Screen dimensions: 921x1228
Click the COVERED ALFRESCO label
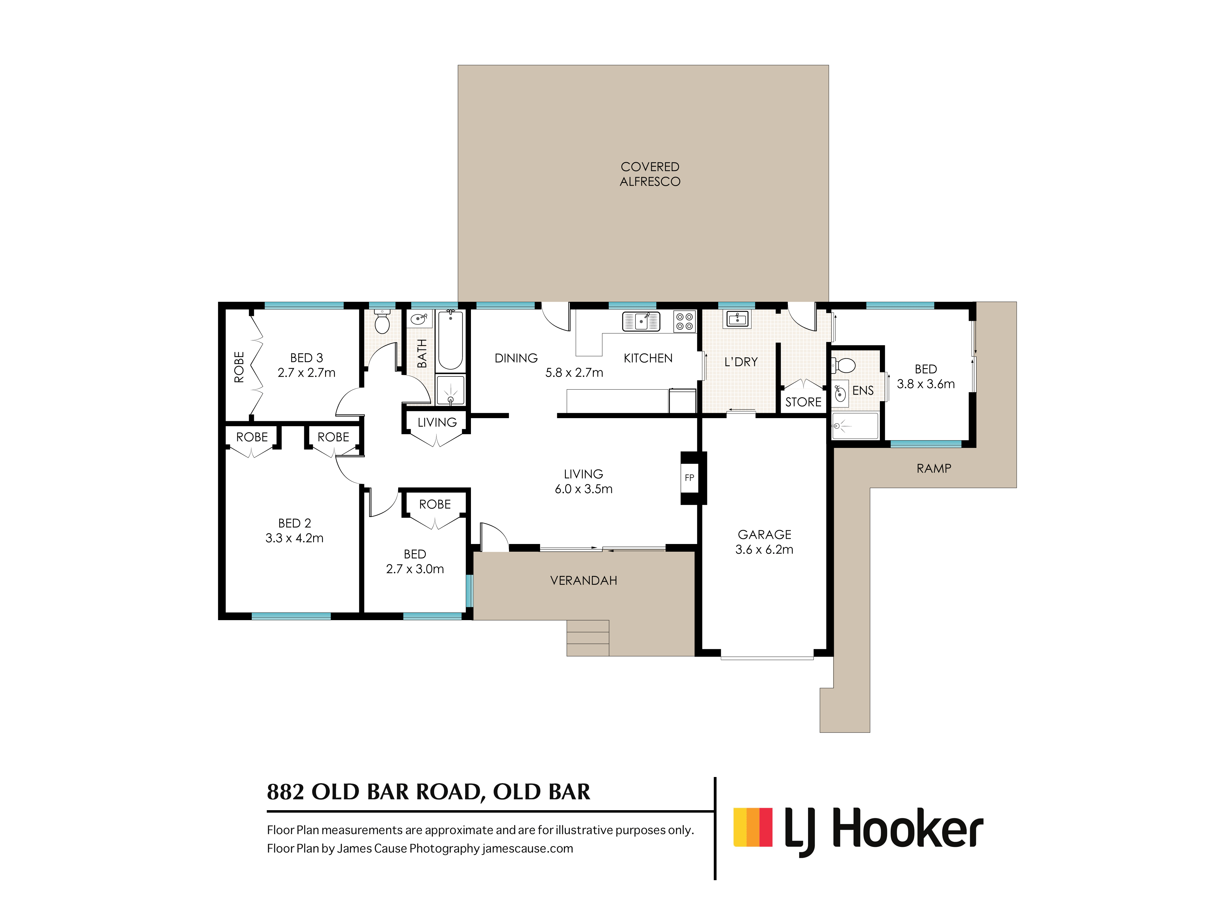[x=650, y=174]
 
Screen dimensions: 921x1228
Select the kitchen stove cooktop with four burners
[x=685, y=321]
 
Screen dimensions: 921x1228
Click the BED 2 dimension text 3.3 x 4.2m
[x=294, y=538]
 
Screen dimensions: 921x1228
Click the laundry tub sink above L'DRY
[x=737, y=319]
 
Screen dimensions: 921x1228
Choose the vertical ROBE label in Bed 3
[x=239, y=367]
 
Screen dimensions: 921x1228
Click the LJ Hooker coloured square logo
[x=753, y=827]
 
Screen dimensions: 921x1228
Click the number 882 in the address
[x=285, y=792]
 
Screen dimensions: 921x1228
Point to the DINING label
[x=516, y=358]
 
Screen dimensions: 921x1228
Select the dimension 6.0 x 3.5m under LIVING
[x=584, y=489]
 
